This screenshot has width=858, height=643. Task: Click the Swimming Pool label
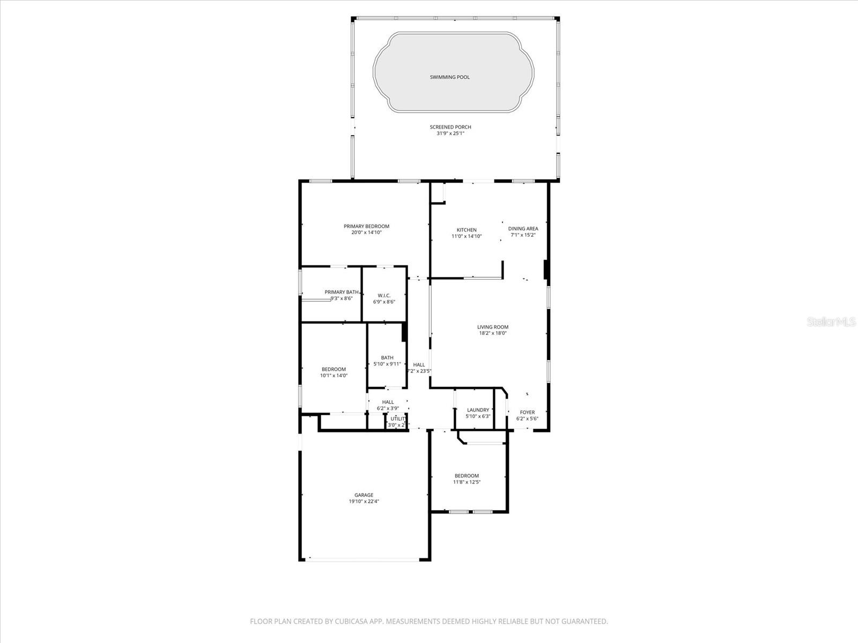(449, 77)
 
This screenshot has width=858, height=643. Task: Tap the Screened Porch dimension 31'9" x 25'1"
(450, 133)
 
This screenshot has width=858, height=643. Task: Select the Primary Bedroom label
(366, 226)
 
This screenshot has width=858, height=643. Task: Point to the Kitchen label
(467, 230)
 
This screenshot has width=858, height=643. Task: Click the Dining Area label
(523, 228)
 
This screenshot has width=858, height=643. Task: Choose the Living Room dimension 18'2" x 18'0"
(492, 333)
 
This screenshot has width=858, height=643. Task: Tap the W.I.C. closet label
(384, 295)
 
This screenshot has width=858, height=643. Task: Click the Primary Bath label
(341, 292)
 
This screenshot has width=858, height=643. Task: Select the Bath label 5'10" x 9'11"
(387, 358)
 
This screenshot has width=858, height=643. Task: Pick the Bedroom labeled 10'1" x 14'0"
(334, 369)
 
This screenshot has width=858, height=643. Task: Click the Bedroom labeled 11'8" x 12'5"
(467, 476)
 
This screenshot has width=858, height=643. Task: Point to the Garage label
(364, 495)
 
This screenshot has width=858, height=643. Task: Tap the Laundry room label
(478, 410)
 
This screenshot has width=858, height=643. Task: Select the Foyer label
(527, 413)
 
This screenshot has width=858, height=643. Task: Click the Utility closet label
(398, 419)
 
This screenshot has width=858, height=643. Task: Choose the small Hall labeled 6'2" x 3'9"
(388, 402)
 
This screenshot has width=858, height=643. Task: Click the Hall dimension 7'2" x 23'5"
(419, 371)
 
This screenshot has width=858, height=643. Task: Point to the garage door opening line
(365, 560)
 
